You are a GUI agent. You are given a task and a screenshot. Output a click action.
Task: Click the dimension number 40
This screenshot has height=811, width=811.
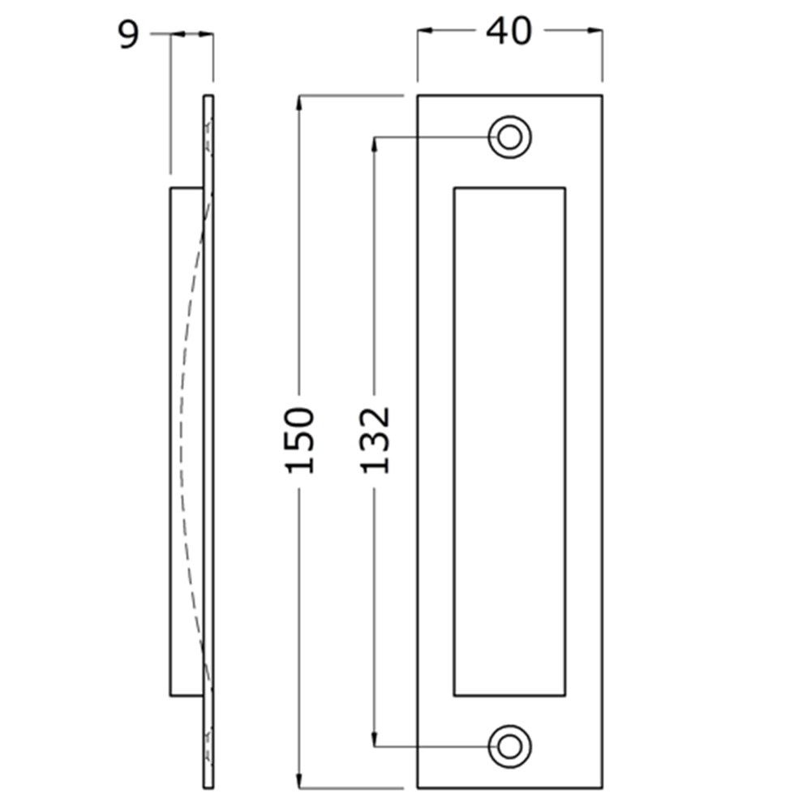[x=508, y=31]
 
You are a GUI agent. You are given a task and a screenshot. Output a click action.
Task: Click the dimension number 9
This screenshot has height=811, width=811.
[x=129, y=35]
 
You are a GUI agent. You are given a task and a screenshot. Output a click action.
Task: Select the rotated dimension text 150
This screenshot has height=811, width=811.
[x=300, y=440]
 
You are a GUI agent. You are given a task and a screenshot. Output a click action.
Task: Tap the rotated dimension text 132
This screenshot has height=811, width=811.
[x=375, y=440]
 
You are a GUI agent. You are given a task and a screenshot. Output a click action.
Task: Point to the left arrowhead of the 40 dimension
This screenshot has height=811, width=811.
[x=424, y=31]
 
